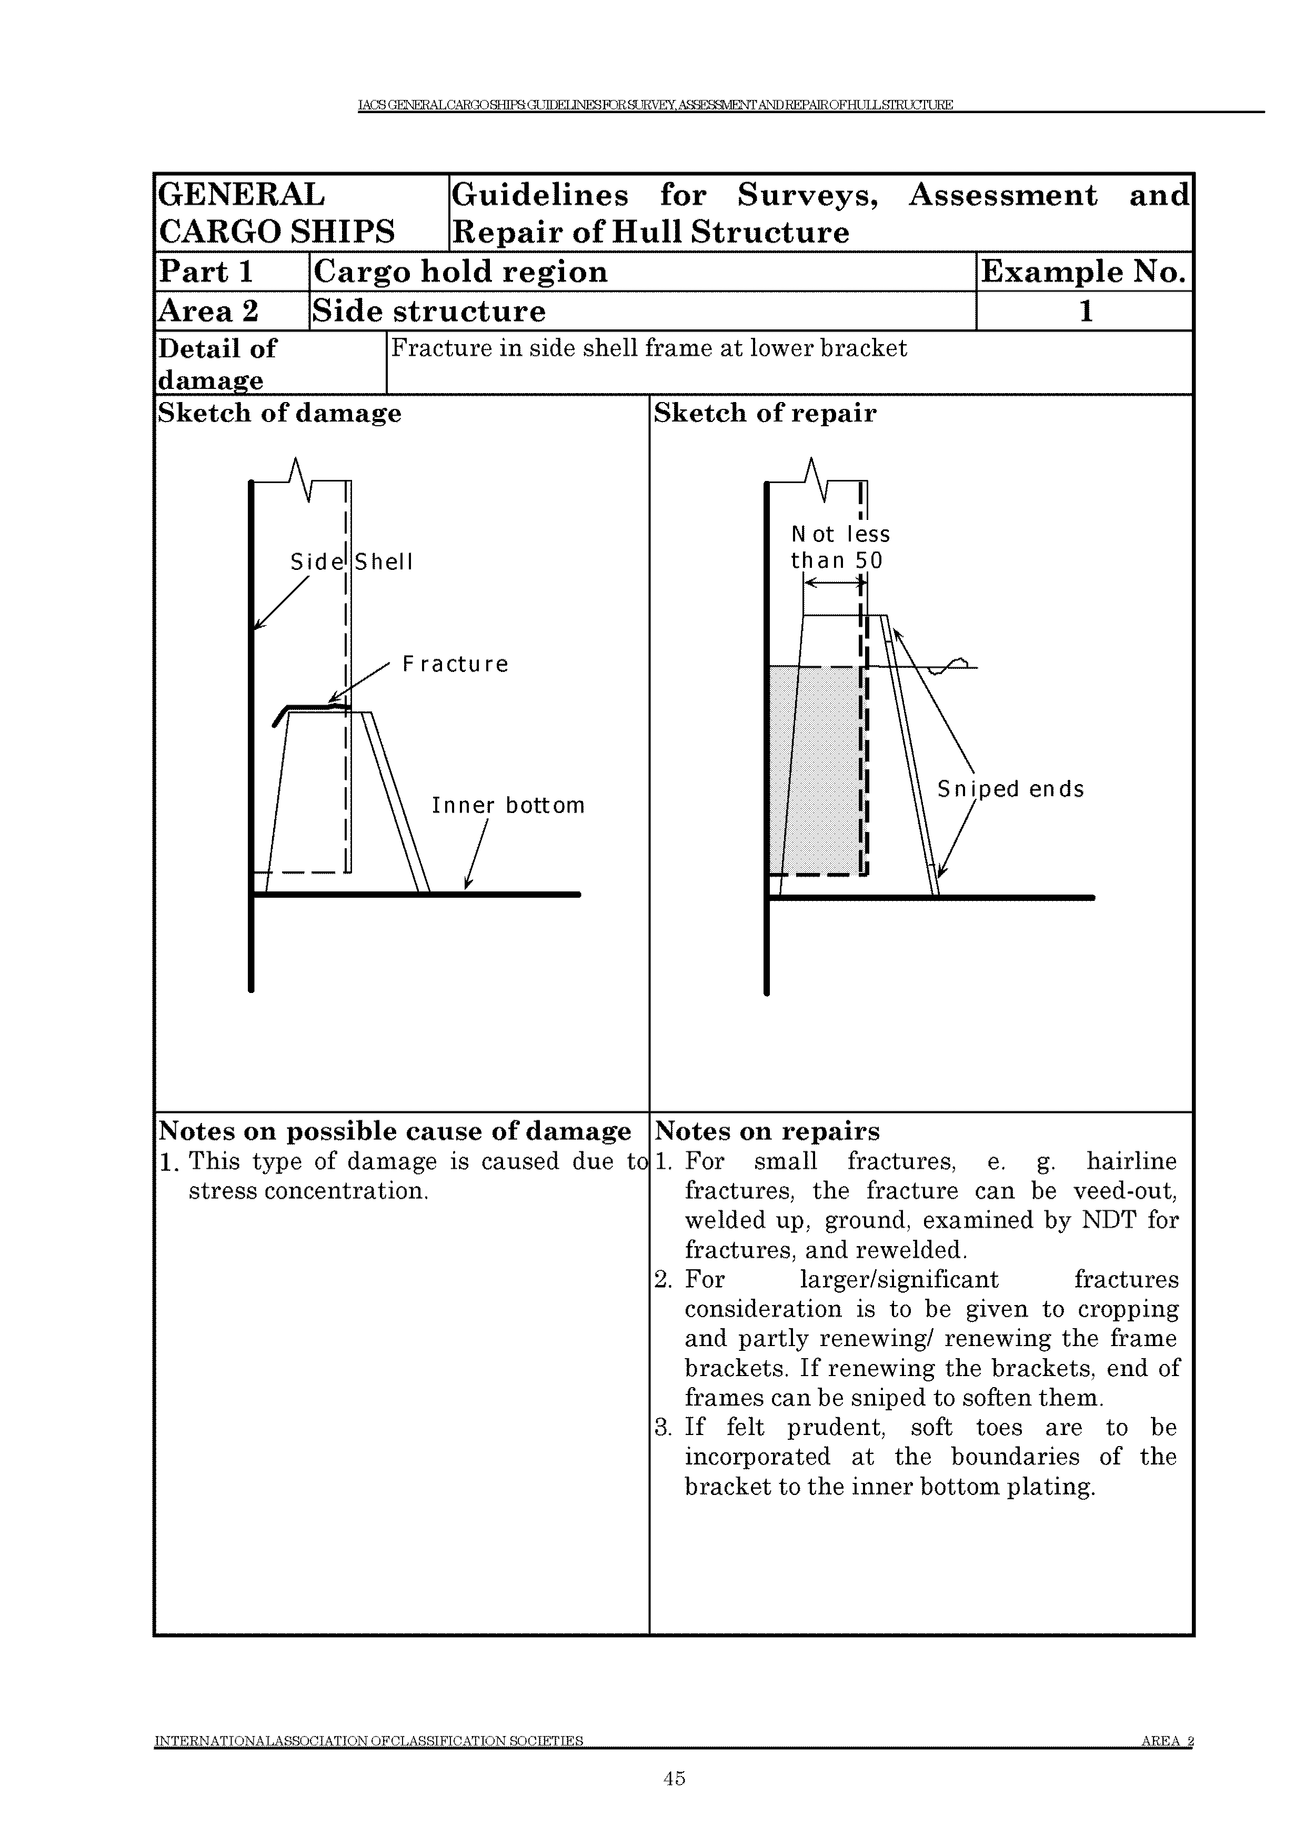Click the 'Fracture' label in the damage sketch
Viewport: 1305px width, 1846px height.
tap(455, 664)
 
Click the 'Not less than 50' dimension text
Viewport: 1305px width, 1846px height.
tap(839, 547)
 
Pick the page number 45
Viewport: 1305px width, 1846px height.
tap(674, 1778)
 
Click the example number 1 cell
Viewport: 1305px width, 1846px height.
tap(1085, 311)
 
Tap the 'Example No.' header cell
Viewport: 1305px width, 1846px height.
tap(1083, 272)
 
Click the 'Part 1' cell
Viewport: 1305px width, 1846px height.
tap(207, 272)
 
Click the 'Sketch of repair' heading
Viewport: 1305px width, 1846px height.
tap(765, 413)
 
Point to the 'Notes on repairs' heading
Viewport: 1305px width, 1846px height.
tap(767, 1131)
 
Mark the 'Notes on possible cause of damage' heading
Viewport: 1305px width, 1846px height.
tap(395, 1131)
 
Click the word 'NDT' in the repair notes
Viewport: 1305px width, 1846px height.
tap(1109, 1220)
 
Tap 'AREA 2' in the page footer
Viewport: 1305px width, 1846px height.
tap(1167, 1741)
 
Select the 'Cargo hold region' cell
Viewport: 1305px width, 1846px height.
tap(460, 272)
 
